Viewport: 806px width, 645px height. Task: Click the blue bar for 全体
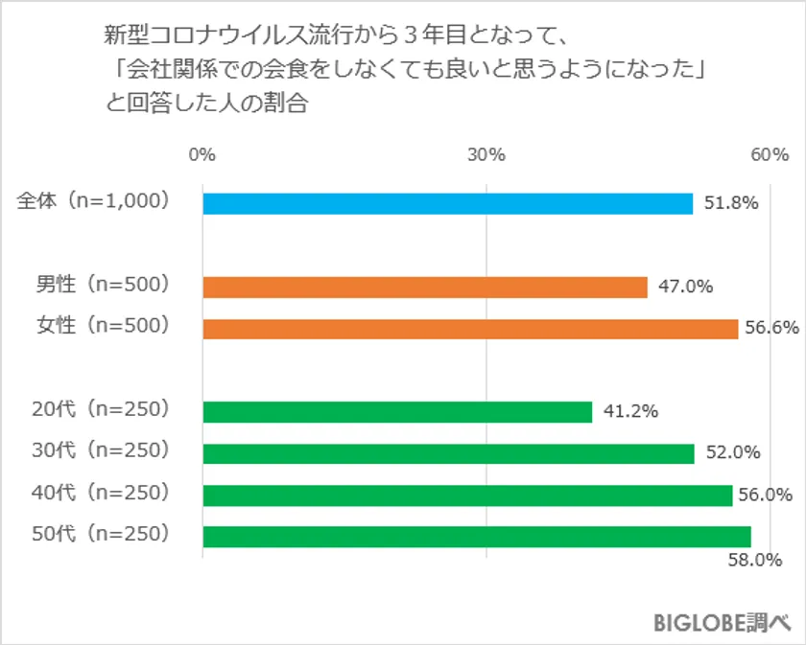click(x=447, y=203)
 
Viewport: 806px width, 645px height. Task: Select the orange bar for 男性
click(x=425, y=287)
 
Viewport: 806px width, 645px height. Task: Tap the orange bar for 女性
click(x=470, y=329)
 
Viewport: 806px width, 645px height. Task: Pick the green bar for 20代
click(x=397, y=411)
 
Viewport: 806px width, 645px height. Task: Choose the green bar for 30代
click(x=448, y=453)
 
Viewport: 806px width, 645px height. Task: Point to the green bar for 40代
click(x=467, y=495)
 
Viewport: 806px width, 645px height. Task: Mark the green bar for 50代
click(x=477, y=536)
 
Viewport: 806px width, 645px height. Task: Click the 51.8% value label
click(x=731, y=203)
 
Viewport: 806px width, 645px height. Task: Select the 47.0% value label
click(x=686, y=287)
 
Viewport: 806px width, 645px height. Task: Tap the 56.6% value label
click(x=772, y=329)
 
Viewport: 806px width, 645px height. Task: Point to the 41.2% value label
click(x=630, y=411)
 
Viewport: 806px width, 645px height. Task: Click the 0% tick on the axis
click(x=201, y=154)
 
